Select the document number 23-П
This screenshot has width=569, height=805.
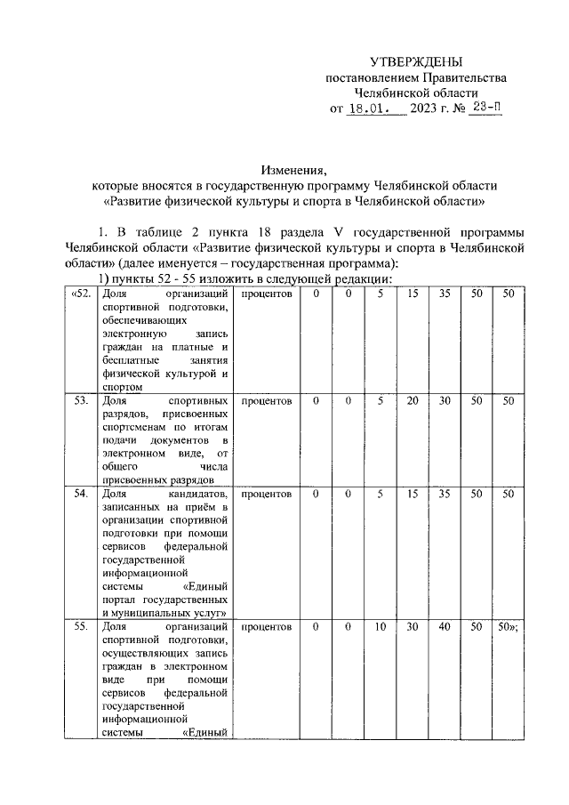coord(487,109)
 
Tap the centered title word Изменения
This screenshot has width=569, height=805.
coord(293,169)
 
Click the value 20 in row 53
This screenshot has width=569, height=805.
coord(412,401)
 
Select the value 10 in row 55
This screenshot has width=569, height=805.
coord(380,627)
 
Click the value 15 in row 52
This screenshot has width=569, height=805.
coord(412,294)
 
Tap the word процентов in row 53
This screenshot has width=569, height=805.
coord(267,401)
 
